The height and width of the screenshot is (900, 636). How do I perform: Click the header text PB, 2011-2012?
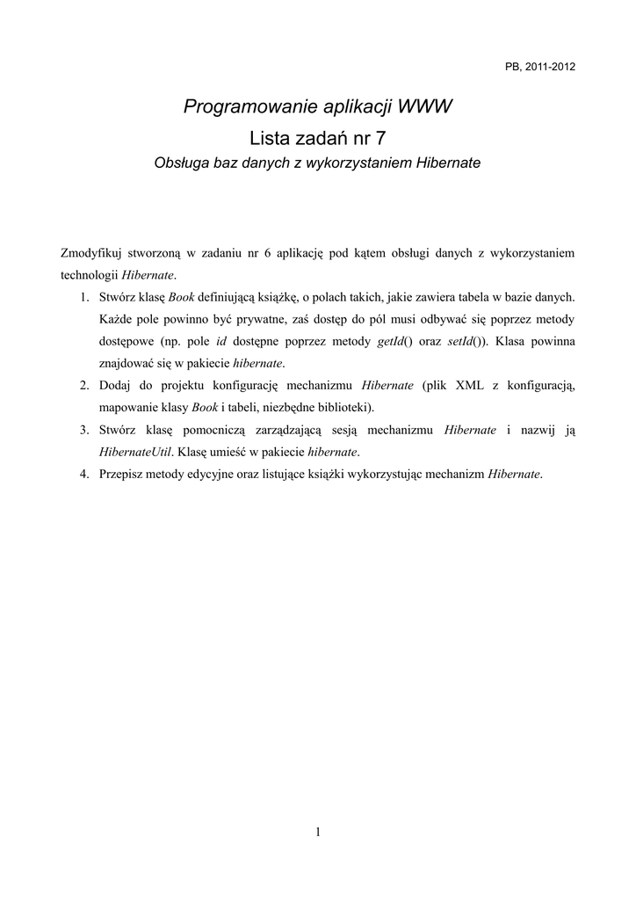pos(540,68)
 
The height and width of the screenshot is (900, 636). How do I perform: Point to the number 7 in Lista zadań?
pos(379,137)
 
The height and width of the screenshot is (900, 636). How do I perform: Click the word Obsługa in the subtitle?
pos(182,163)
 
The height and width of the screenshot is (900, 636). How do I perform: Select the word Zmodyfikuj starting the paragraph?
pos(90,253)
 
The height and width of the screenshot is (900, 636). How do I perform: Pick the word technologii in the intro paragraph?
pos(89,275)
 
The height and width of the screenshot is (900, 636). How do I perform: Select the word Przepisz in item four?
pos(121,474)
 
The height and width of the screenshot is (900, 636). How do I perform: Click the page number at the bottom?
pos(318,832)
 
